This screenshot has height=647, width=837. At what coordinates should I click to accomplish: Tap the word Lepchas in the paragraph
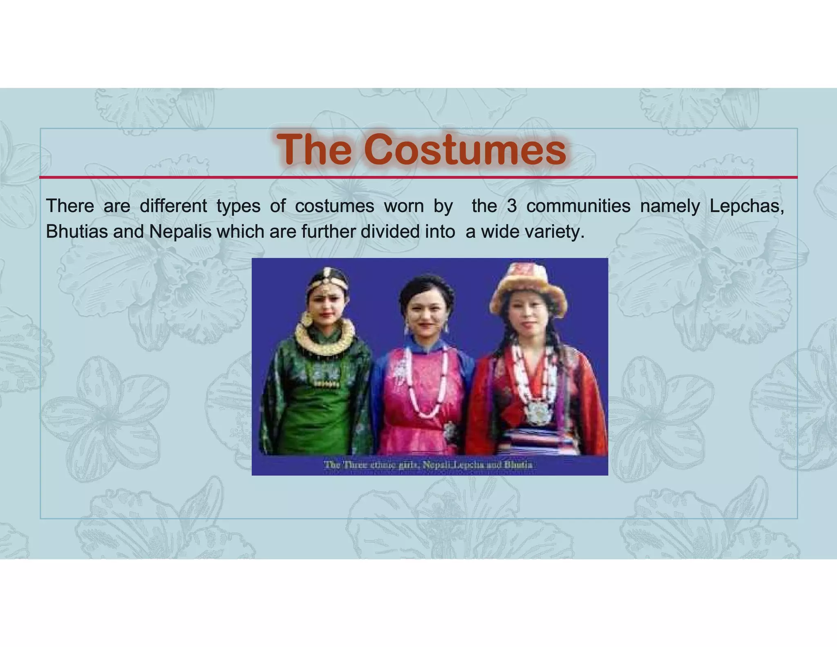(x=746, y=206)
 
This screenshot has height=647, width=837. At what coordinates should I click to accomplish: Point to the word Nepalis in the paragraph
(x=180, y=232)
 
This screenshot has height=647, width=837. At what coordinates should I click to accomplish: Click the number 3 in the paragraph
(x=511, y=206)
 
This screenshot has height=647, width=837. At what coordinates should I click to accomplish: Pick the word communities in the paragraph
(x=578, y=206)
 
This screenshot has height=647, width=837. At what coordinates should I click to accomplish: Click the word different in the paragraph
(x=173, y=206)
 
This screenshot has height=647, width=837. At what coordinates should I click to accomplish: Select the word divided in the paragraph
(x=389, y=232)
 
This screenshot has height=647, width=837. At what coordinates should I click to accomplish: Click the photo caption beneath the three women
(x=428, y=465)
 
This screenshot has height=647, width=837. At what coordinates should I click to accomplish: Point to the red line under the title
(x=418, y=177)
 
